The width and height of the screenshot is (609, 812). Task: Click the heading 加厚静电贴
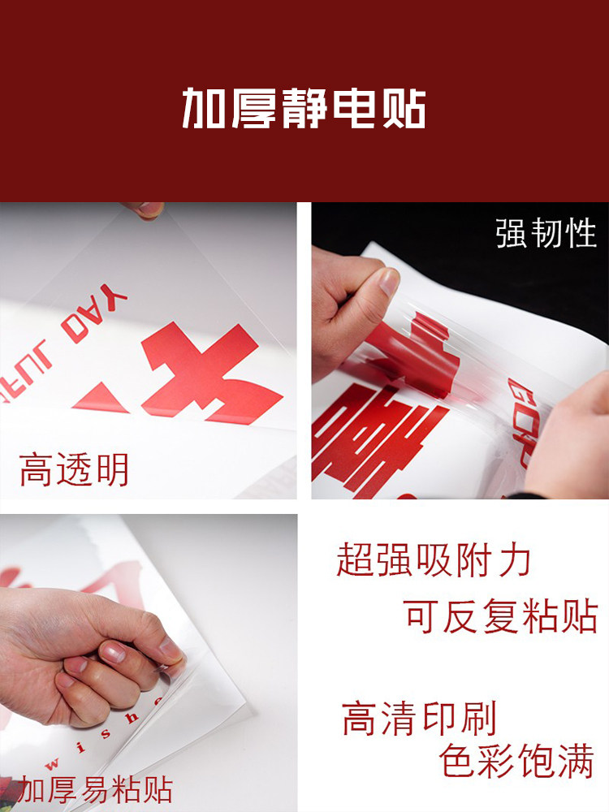[304, 108]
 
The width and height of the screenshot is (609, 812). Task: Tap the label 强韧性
[546, 233]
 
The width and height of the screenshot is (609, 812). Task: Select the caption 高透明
[75, 470]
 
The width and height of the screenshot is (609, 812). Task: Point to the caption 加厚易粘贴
[96, 789]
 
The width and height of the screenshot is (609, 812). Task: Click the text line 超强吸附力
[434, 560]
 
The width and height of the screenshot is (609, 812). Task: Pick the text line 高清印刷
[419, 719]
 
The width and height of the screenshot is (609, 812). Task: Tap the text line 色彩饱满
[517, 761]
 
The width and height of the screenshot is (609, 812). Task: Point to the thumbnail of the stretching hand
[460, 351]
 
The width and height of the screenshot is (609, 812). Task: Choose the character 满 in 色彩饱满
[576, 761]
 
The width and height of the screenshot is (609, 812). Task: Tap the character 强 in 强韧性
[511, 233]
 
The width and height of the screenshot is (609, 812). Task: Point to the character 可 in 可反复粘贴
[423, 616]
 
